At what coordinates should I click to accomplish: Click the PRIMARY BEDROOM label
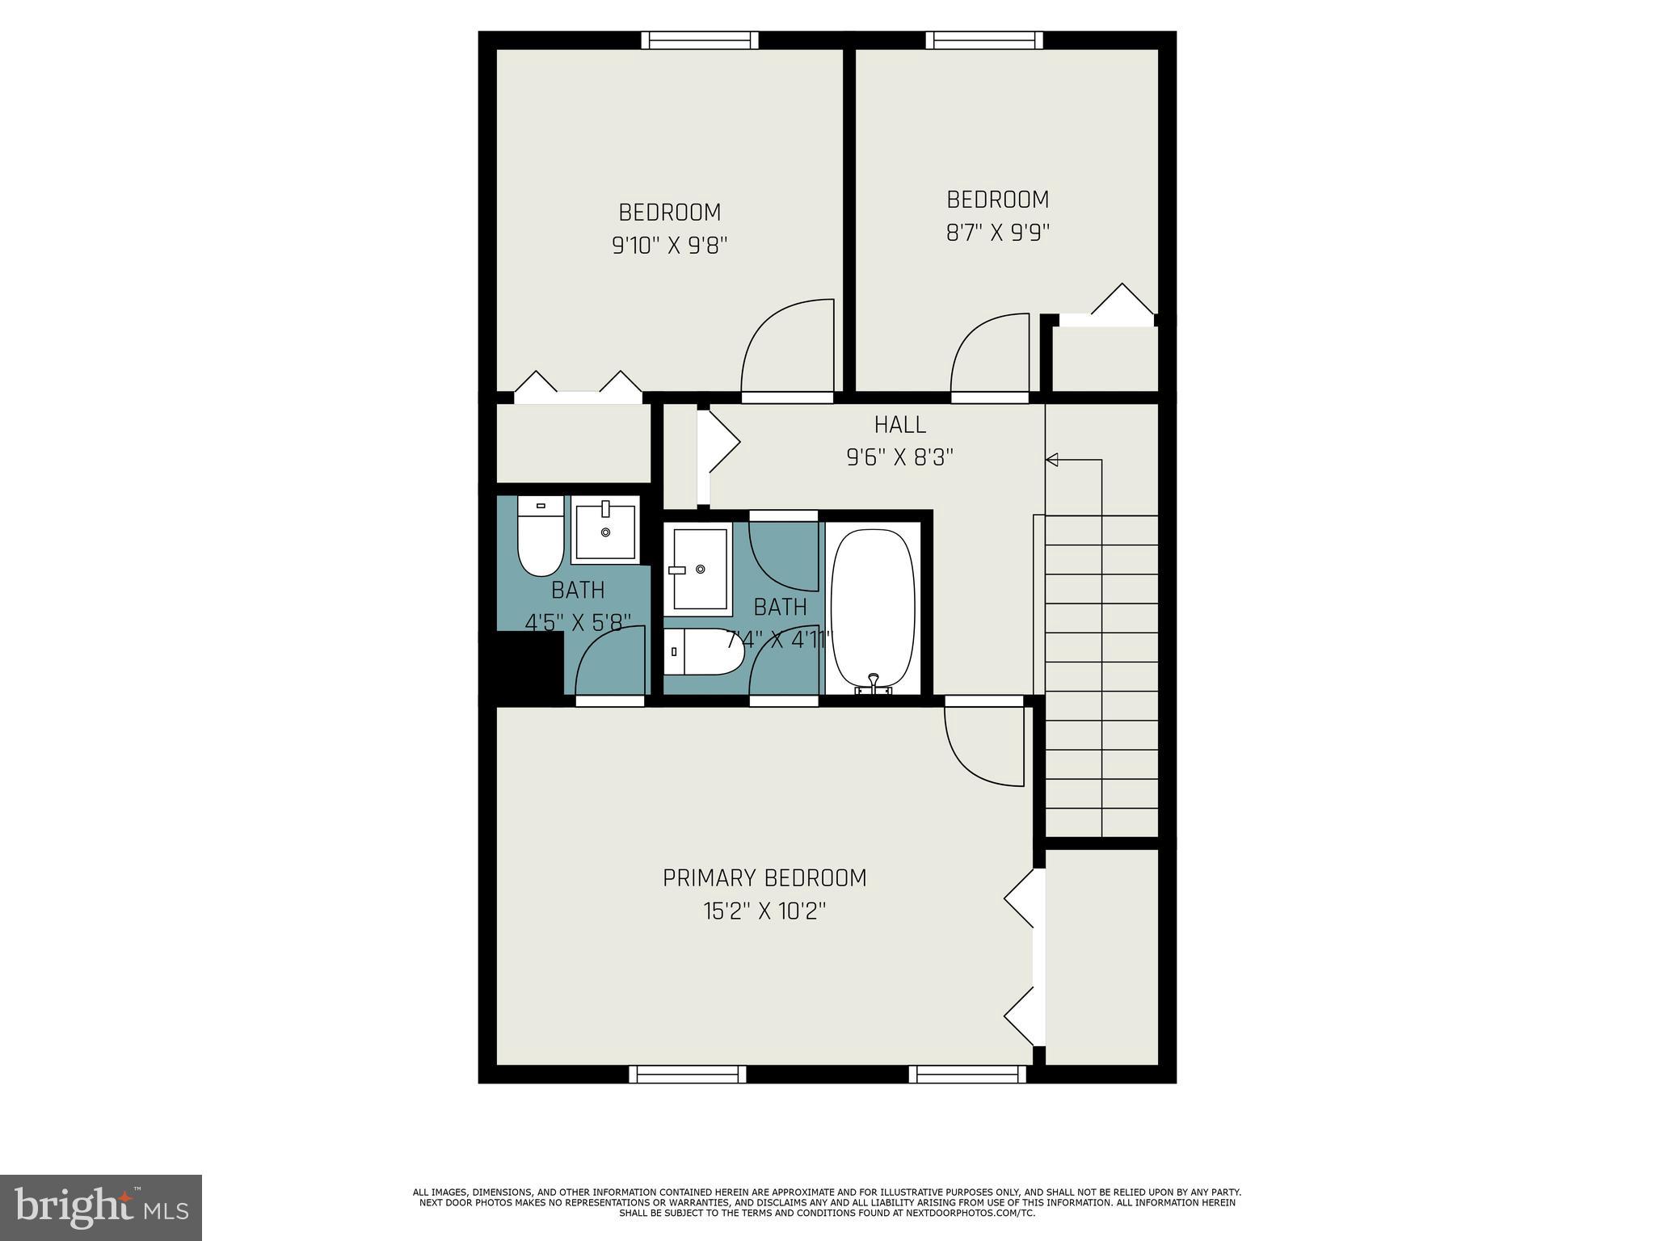(764, 877)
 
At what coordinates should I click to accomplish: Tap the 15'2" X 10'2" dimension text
(764, 911)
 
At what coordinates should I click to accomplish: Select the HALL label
(899, 424)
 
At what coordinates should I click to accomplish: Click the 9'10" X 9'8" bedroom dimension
(670, 246)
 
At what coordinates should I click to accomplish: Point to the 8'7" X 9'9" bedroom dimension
(997, 233)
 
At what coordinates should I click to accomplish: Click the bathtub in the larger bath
(873, 606)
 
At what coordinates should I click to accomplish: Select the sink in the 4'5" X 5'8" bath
(605, 530)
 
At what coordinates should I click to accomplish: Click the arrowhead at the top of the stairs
(1052, 460)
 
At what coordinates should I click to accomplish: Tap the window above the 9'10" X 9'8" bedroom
(700, 40)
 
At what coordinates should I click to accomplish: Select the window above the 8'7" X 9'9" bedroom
(983, 40)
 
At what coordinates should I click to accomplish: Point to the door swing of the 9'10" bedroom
(787, 347)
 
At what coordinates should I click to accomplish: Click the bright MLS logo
(101, 1207)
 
